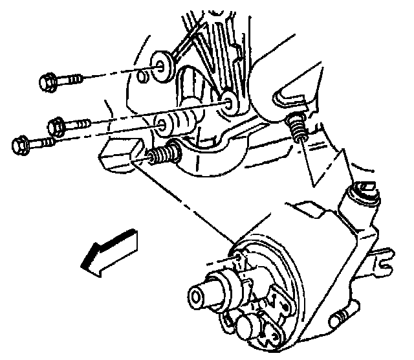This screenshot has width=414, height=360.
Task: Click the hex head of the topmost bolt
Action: click(47, 82)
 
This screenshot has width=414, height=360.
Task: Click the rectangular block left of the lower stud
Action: click(118, 156)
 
